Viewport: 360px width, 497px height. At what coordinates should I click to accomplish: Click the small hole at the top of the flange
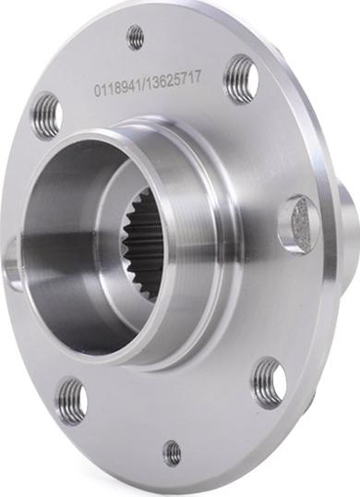(136, 37)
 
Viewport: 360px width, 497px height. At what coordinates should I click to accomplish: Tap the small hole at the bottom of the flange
(173, 453)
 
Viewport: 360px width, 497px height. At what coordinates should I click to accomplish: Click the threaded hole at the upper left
(46, 115)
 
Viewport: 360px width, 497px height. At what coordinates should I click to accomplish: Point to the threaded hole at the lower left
(71, 401)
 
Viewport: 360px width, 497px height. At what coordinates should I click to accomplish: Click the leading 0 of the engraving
(97, 91)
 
